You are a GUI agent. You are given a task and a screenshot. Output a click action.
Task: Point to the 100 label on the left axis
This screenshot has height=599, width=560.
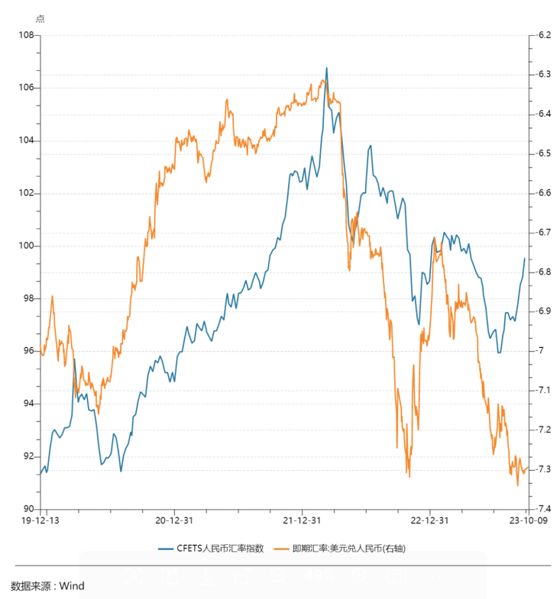point(28,246)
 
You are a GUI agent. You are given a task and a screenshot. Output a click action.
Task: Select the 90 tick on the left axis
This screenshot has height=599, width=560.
point(30,509)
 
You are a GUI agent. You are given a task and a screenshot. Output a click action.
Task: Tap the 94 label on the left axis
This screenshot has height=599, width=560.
point(30,404)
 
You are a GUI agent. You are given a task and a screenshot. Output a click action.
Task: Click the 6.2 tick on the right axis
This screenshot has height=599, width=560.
point(544,35)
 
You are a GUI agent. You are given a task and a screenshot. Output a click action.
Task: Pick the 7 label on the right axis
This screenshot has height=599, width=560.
point(541,351)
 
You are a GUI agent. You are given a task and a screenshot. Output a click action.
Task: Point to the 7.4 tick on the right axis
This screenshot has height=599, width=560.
point(544,509)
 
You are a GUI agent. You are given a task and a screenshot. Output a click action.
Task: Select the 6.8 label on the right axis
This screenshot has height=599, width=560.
point(544,272)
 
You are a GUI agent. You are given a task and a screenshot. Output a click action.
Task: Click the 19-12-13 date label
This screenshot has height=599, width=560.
point(42,520)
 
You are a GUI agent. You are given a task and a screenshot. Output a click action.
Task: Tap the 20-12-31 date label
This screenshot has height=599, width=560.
point(173,520)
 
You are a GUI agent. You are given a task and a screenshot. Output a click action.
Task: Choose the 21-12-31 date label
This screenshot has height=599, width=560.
point(302,520)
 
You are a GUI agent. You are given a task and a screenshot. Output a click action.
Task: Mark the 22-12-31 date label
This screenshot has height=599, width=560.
point(429,520)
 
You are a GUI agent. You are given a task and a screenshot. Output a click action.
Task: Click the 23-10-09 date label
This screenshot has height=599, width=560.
point(526,520)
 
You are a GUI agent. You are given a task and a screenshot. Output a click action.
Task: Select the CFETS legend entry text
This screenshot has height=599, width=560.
point(221,549)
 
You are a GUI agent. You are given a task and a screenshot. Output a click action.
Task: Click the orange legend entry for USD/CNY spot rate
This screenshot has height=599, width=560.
point(352,549)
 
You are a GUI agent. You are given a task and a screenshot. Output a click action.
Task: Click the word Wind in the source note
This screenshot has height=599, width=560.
point(72,586)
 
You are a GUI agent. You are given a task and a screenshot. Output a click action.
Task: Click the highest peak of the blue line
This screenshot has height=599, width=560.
point(327,68)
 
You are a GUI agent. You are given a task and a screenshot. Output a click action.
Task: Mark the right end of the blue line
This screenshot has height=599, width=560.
point(525,259)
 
